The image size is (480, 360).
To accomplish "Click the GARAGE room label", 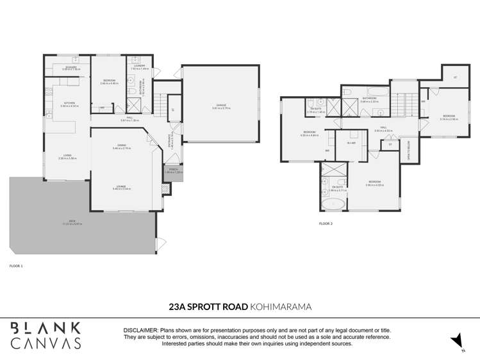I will pyautogui.click(x=220, y=106).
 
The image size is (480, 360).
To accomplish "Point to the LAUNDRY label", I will pyautogui.click(x=140, y=67).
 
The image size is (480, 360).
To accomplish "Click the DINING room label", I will pyautogui.click(x=122, y=147).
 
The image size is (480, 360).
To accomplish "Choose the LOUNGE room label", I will pyautogui.click(x=122, y=188).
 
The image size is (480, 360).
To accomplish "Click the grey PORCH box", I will pyautogui.click(x=174, y=172).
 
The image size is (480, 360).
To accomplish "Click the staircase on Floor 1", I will pyautogui.click(x=163, y=102).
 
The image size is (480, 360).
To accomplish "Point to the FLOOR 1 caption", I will pyautogui.click(x=16, y=265).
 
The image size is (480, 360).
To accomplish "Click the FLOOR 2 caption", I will pyautogui.click(x=326, y=224).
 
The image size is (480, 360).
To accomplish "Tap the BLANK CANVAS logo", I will pyautogui.click(x=46, y=335).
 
